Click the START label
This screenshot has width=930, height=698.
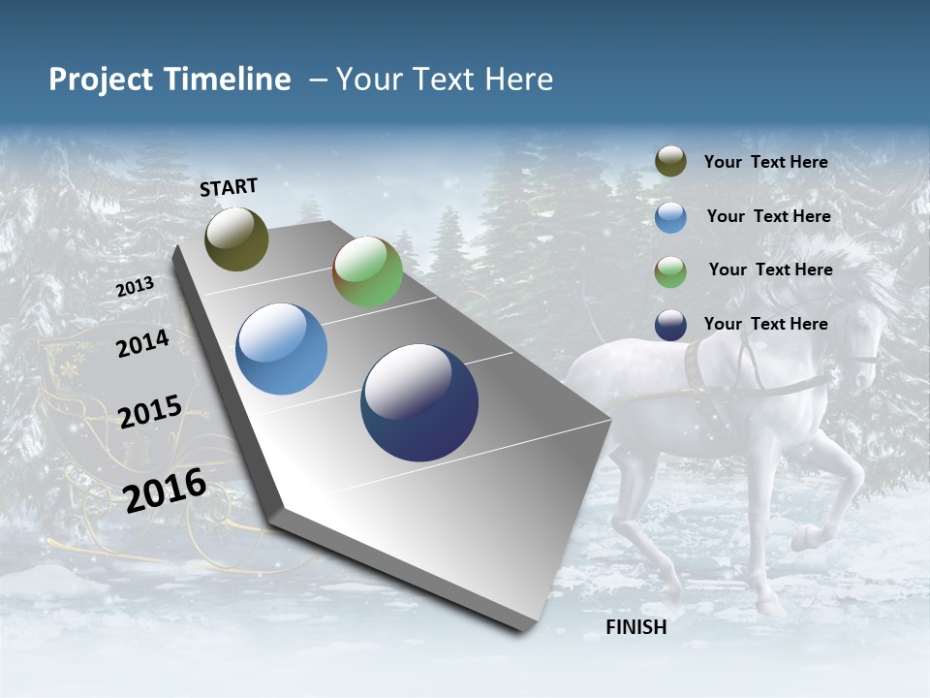click(229, 187)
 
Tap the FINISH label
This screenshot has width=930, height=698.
click(636, 627)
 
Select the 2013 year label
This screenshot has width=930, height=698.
click(136, 287)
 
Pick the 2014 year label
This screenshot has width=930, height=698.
click(143, 343)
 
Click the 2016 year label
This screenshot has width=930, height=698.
click(165, 490)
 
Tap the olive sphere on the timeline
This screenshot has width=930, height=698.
click(237, 239)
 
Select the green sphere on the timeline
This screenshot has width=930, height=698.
click(368, 271)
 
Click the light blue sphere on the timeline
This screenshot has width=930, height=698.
click(282, 349)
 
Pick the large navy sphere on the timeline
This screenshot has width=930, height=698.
click(419, 402)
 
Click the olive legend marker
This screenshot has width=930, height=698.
click(670, 162)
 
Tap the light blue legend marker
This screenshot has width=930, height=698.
click(670, 217)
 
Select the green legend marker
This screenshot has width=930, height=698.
click(670, 271)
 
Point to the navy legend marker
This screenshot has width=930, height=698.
click(670, 325)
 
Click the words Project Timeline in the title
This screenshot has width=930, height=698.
click(170, 79)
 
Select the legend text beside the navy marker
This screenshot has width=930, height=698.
click(766, 324)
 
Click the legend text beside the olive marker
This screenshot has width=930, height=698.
click(766, 162)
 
